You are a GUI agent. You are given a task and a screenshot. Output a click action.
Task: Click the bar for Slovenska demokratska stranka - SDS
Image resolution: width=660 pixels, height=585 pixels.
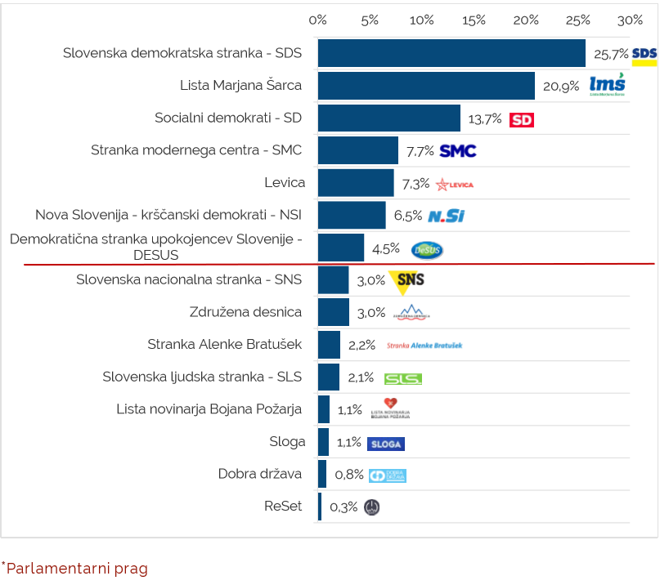tap(451, 53)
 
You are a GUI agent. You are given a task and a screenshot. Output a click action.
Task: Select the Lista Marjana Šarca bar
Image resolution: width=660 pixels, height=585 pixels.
tap(426, 86)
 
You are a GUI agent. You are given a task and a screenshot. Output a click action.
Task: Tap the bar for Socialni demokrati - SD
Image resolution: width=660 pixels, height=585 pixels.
tap(388, 118)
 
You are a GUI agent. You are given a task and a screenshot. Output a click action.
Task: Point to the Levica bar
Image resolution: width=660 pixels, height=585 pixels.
tap(356, 183)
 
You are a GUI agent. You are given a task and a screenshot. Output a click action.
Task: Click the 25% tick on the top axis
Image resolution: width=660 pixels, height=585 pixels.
tap(578, 20)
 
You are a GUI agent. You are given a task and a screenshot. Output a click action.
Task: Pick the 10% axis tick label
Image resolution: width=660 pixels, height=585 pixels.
tap(421, 20)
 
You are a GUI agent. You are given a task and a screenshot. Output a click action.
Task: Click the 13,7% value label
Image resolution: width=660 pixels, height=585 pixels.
tap(485, 119)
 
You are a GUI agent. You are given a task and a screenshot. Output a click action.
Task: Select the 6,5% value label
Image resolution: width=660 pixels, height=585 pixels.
tap(408, 217)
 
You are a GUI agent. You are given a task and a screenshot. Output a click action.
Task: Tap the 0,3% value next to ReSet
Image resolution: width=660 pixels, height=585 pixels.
tap(343, 507)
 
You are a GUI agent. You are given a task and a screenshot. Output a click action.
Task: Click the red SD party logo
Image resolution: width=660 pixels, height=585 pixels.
tap(522, 119)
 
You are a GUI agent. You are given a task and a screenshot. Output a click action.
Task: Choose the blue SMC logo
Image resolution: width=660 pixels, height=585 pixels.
tap(458, 151)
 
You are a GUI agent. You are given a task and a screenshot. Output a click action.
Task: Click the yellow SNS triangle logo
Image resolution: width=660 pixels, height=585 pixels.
tap(406, 281)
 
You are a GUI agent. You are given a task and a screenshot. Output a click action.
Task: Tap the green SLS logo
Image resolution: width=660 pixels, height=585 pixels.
tap(403, 379)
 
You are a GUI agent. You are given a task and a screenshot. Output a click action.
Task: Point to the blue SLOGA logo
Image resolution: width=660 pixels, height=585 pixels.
tap(386, 444)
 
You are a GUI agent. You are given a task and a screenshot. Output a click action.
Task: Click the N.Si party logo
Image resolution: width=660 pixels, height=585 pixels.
tap(446, 217)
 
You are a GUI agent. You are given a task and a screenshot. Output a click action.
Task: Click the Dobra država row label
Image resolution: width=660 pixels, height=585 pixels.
tap(260, 474)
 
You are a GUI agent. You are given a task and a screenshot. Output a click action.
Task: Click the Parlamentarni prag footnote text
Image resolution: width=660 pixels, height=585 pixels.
tap(77, 568)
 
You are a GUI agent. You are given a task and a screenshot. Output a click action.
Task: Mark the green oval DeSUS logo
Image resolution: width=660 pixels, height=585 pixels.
tap(427, 249)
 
